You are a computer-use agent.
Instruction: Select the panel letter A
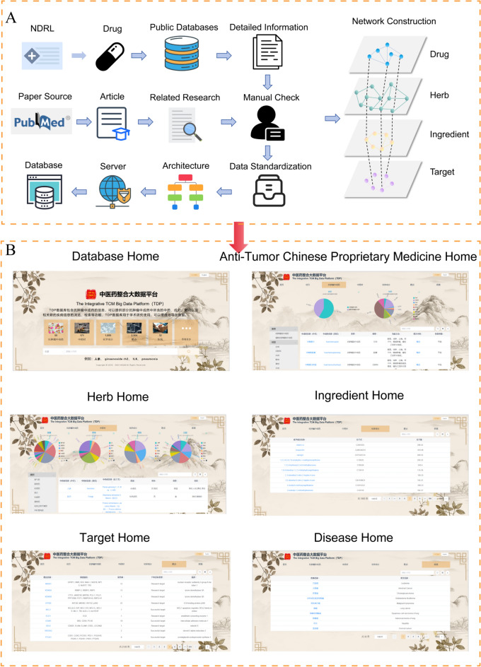tap(11, 17)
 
